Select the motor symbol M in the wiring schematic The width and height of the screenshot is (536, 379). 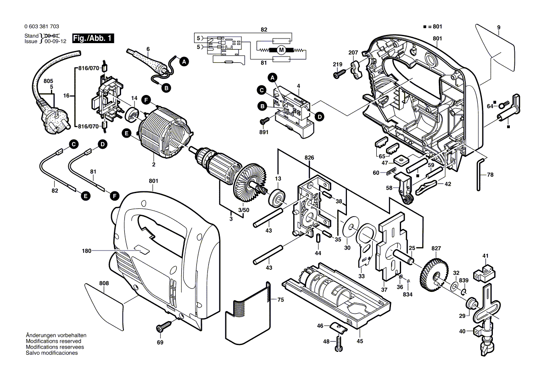[x=282, y=49]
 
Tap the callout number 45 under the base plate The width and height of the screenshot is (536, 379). [x=360, y=341]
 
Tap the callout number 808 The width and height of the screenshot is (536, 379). [x=105, y=283]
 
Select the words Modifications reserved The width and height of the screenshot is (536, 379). [x=54, y=341]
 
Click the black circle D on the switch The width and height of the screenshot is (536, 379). [x=319, y=117]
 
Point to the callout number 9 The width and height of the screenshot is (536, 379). [x=498, y=28]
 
